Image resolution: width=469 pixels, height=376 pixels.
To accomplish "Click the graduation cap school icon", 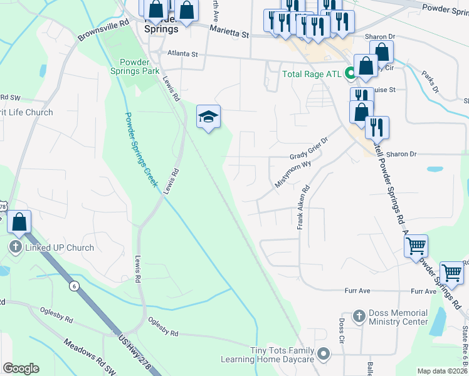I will (x=208, y=117).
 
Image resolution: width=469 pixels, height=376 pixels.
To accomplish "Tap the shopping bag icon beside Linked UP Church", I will (x=19, y=222).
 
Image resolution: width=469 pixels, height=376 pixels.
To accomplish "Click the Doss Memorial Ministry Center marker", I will (x=359, y=315).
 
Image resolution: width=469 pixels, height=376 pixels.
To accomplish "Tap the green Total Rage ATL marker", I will (x=350, y=74).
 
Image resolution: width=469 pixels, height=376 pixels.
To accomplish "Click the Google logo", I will (x=21, y=368).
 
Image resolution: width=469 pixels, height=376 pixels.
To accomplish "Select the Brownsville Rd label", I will (x=103, y=29).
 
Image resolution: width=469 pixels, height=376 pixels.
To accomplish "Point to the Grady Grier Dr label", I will (x=308, y=149).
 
